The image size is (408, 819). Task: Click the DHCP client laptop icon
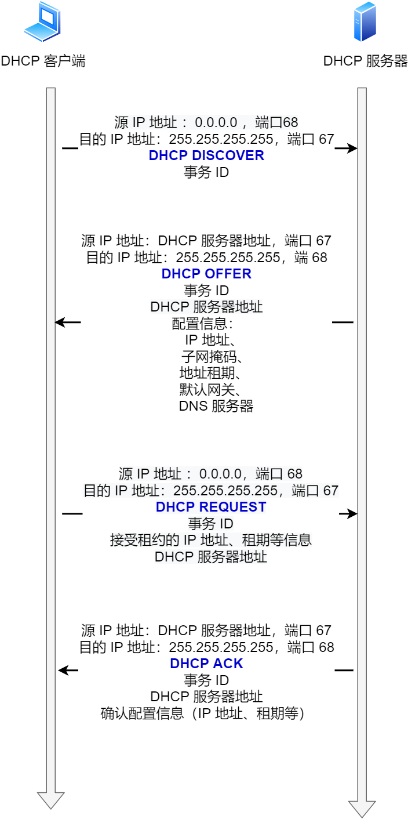42,22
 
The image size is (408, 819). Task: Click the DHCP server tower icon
365,22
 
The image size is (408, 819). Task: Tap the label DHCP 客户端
43,61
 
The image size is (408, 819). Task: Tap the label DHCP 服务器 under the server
365,61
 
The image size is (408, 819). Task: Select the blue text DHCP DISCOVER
206,155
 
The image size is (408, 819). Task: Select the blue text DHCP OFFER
206,274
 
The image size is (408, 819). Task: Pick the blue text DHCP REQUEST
211,507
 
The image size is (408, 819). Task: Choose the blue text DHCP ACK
206,664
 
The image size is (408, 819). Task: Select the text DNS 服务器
216,406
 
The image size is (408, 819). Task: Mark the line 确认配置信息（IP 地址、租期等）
203,713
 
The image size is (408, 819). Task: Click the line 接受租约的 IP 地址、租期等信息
211,540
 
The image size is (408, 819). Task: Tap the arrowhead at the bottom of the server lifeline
362,809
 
